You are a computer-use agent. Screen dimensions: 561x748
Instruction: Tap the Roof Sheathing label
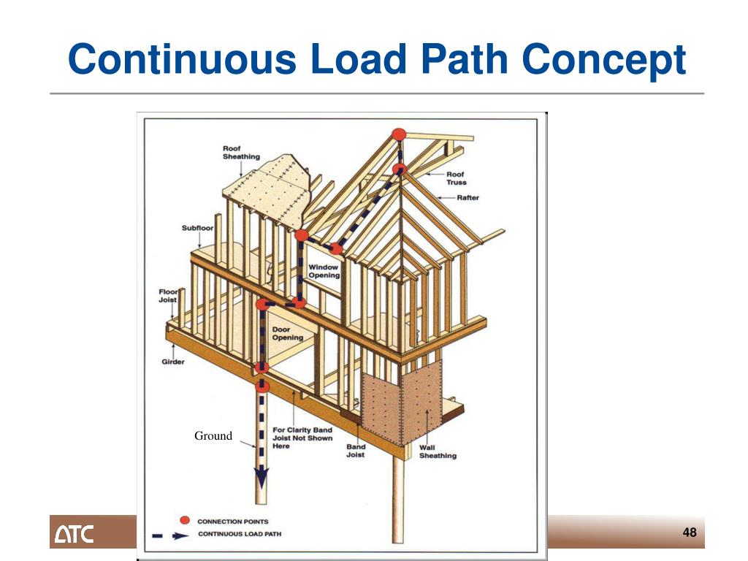240,153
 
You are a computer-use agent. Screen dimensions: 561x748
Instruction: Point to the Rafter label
467,198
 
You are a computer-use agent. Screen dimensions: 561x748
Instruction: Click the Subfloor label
197,229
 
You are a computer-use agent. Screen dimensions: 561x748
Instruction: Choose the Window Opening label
323,271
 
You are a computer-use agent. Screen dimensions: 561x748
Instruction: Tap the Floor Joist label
168,295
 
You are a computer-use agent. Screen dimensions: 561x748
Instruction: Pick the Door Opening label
287,334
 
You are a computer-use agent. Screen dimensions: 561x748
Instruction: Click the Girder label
173,362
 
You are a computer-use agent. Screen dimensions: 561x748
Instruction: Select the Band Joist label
356,451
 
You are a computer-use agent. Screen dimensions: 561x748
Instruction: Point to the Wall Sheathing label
438,451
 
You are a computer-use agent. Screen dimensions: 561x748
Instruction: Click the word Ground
213,436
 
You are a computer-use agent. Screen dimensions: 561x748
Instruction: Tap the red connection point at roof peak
398,134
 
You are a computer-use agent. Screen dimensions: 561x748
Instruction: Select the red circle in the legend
185,520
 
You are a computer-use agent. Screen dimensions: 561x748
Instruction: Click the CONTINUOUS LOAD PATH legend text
240,534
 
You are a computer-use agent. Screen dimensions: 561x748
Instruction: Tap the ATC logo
73,534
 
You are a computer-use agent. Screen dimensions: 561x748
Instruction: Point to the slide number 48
690,533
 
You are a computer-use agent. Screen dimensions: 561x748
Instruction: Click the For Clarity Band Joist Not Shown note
302,438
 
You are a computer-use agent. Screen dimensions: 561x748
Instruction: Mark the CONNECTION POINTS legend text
233,521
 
